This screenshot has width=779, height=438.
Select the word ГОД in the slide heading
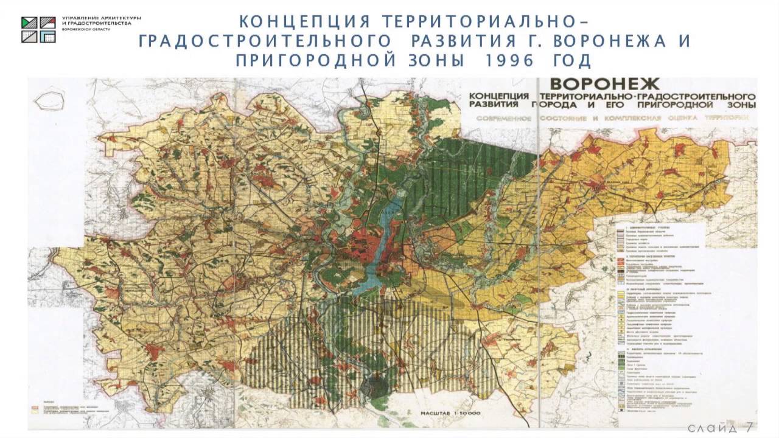pyautogui.click(x=569, y=61)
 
